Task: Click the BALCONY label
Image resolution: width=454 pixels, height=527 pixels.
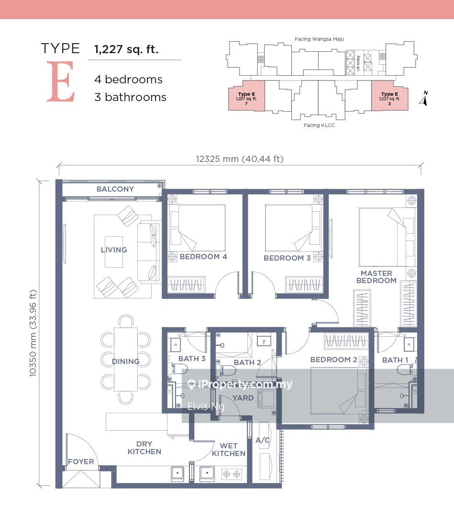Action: coord(115,189)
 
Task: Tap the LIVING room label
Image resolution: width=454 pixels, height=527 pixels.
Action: coord(114,250)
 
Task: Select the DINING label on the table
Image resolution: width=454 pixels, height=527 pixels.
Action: coord(126,362)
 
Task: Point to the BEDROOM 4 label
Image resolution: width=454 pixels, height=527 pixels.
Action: coord(203,257)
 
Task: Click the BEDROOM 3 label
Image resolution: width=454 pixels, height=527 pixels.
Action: coord(287,258)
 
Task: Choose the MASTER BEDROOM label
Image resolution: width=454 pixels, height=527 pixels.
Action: coord(376,277)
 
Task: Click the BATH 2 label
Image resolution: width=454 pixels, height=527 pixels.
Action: coord(247,363)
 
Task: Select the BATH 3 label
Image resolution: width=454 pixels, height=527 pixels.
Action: coord(192,359)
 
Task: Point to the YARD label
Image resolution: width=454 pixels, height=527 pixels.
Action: coord(243,398)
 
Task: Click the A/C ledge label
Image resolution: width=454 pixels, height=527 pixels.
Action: coord(263,440)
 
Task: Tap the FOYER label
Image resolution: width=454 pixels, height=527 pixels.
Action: coord(81,462)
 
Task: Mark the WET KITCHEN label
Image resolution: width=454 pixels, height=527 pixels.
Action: coord(229,449)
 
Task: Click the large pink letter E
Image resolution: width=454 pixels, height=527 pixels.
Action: coord(61,82)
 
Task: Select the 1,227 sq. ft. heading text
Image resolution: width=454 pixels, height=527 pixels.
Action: coord(126,48)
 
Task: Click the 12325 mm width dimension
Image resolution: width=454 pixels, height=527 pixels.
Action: coord(239,159)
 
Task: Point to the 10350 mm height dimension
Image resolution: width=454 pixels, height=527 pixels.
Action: coord(33,333)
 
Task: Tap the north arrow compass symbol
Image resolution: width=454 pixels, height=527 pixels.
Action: coord(423,99)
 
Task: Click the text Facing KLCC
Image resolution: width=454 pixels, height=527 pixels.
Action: coord(319,126)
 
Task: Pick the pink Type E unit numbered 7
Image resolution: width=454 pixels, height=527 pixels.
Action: coord(246,96)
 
